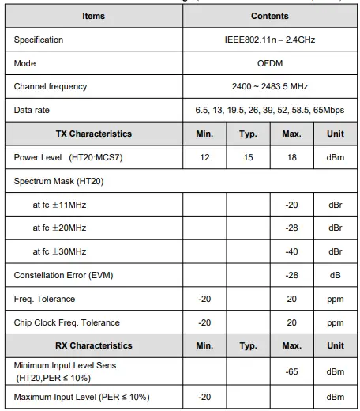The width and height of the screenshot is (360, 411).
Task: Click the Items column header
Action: (94, 16)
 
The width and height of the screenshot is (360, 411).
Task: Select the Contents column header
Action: (269, 16)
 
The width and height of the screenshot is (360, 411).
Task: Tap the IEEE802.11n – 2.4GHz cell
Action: (269, 40)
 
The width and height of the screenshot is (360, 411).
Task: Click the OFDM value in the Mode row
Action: (269, 63)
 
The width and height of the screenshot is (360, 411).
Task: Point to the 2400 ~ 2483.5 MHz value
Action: (269, 86)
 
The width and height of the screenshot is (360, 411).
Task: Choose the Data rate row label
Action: (32, 110)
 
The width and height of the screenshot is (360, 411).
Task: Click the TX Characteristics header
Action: (94, 134)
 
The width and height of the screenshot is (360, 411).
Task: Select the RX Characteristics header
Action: (94, 345)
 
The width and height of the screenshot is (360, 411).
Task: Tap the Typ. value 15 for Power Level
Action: (248, 158)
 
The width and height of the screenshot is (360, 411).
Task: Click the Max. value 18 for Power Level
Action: (291, 158)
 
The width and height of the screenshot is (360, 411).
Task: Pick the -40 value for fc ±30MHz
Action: (291, 251)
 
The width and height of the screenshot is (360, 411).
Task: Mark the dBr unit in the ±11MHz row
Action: (336, 205)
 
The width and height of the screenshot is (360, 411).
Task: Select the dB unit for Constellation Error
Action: (336, 275)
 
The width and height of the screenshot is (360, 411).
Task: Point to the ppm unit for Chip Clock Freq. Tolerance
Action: (336, 322)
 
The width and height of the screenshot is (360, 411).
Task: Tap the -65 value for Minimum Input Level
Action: (291, 370)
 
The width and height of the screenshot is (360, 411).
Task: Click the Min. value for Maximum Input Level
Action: (204, 396)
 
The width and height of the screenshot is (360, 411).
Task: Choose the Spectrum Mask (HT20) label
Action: (58, 181)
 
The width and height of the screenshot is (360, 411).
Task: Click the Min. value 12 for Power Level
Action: (204, 158)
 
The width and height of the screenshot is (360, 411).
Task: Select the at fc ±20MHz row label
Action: (59, 228)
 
